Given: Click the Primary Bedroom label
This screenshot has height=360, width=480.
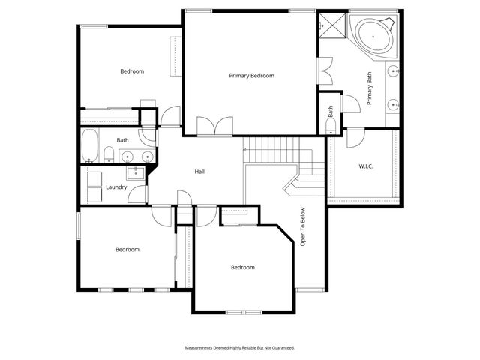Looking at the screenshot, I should pyautogui.click(x=251, y=76).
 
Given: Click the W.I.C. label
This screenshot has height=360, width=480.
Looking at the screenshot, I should pyautogui.click(x=366, y=166).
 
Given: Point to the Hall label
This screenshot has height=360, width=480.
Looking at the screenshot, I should pyautogui.click(x=200, y=172).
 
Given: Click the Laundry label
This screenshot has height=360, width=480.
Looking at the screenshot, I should pyautogui.click(x=115, y=187).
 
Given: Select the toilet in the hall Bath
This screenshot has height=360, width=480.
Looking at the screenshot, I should pyautogui.click(x=109, y=155).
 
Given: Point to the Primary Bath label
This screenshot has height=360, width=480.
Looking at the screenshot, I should pyautogui.click(x=369, y=88).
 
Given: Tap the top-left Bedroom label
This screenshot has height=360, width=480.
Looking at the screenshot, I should pyautogui.click(x=132, y=71).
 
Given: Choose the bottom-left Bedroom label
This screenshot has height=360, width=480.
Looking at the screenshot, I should pyautogui.click(x=127, y=250).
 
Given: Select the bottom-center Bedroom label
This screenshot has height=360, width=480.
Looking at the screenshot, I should pyautogui.click(x=242, y=268).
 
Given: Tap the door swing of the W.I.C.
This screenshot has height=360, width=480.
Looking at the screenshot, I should pyautogui.click(x=355, y=137).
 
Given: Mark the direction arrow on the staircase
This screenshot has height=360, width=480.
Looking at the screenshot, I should pyautogui.click(x=245, y=150).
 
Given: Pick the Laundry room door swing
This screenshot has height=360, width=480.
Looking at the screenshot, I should pyautogui.click(x=137, y=193).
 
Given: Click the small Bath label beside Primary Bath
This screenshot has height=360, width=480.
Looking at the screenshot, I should pyautogui.click(x=331, y=112).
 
